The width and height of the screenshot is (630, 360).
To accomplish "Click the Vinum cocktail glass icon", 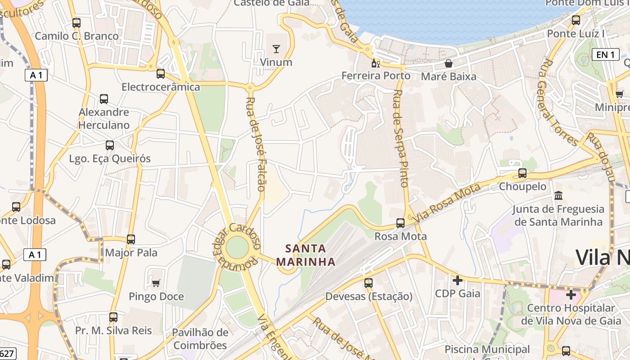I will click(276, 49).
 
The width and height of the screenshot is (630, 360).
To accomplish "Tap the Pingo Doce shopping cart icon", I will click(156, 283).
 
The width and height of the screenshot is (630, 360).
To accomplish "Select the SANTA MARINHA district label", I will click(306, 255).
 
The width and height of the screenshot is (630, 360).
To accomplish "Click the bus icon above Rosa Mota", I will click(400, 223).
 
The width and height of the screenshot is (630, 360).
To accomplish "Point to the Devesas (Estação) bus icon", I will click(369, 283).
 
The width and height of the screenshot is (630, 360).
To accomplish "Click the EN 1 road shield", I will click(606, 54).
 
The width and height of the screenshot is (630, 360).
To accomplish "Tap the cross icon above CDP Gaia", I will click(458, 280).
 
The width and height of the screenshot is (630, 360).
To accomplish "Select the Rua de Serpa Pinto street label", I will click(400, 138).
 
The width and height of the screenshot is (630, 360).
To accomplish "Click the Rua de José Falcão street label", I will click(256, 144).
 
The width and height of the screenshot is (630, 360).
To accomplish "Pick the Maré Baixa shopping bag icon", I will click(449, 63).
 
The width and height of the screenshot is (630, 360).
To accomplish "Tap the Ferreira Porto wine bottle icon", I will click(376, 63).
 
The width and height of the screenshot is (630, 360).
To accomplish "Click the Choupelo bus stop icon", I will click(522, 173).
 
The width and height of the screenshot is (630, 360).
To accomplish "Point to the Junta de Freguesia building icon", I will click(558, 196).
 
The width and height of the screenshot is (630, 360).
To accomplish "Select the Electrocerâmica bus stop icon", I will click(161, 74).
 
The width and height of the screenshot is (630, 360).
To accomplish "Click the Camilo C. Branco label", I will click(77, 36).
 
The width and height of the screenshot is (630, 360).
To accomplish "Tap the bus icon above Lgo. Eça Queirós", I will click(110, 145).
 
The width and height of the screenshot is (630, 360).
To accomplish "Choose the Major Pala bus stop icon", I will click(131, 239).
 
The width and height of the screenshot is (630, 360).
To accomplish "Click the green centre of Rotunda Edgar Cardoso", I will click(237, 247).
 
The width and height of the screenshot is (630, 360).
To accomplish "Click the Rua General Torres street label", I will click(557, 103).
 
